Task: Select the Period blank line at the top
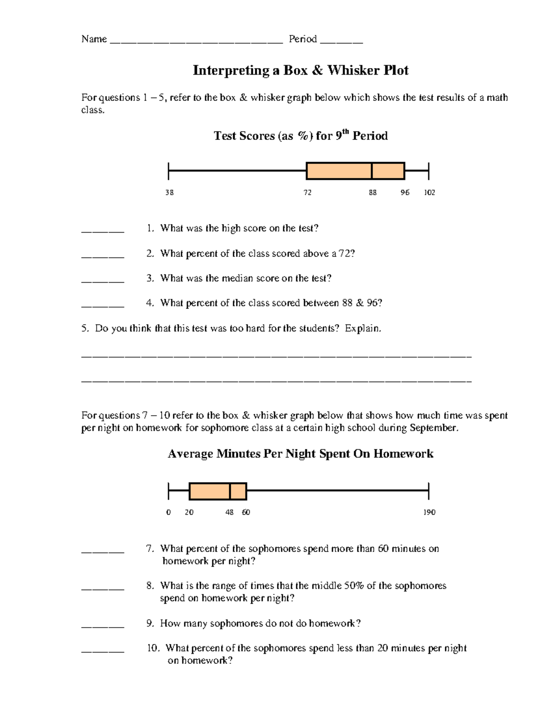tap(341, 41)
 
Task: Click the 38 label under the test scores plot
tap(170, 192)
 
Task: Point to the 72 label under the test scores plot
tap(307, 192)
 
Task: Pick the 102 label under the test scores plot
tap(429, 192)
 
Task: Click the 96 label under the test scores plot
tap(405, 192)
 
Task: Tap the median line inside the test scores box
tap(371, 171)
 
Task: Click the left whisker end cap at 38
tap(169, 171)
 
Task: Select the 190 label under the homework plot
tap(429, 512)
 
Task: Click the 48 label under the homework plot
tap(229, 512)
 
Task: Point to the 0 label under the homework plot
tap(169, 512)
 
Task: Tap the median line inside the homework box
tap(230, 491)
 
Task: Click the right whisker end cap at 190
tap(429, 491)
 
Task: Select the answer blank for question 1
tap(103, 231)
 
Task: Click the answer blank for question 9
tap(103, 626)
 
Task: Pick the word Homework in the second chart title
tap(403, 454)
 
